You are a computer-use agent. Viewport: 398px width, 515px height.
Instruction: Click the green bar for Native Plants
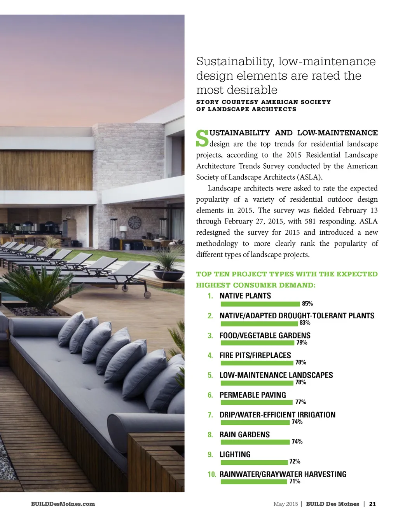pos(260,304)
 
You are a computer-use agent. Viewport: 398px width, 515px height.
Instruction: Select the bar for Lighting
pos(254,463)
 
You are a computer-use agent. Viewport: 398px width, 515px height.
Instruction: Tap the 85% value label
pos(307,304)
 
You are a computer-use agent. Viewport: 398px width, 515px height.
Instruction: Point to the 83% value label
pos(305,323)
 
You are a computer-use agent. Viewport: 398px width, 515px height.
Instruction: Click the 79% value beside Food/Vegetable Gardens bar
pos(302,342)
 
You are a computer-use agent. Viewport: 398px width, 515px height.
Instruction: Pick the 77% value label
pos(300,402)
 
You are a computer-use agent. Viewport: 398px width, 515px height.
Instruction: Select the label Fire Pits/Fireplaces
pos(255,355)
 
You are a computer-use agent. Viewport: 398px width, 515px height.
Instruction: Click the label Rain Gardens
pos(244,435)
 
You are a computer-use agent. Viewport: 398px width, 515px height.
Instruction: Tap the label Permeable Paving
pos(253,395)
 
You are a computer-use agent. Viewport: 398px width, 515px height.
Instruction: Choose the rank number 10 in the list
pos(212,474)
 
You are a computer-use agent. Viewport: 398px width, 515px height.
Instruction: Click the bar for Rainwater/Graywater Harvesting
pos(253,482)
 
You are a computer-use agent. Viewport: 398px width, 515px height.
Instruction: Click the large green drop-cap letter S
pos(202,139)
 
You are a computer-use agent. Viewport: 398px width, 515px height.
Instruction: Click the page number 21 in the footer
pos(372,504)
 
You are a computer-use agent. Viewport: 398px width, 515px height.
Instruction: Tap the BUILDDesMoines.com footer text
pos(63,504)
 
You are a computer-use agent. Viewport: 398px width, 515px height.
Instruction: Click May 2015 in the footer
pos(285,504)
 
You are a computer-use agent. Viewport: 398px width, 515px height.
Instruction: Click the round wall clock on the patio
pos(134,222)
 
